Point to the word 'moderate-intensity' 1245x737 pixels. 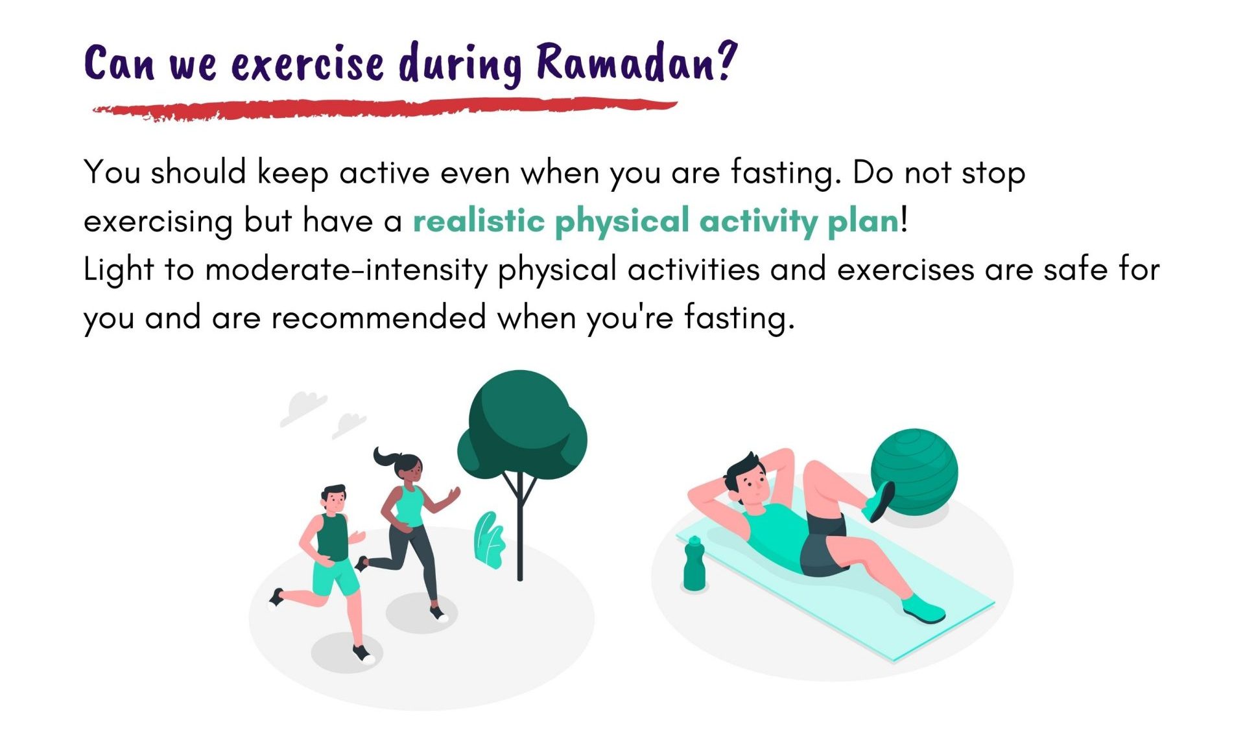coord(346,270)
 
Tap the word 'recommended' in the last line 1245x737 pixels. coord(379,318)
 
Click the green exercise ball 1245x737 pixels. coord(914,471)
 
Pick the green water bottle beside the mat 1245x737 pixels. coord(694,563)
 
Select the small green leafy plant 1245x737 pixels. coord(490,540)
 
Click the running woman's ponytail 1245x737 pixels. coord(385,458)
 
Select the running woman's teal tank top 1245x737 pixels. coord(409,506)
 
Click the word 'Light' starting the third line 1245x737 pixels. coord(119,270)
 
